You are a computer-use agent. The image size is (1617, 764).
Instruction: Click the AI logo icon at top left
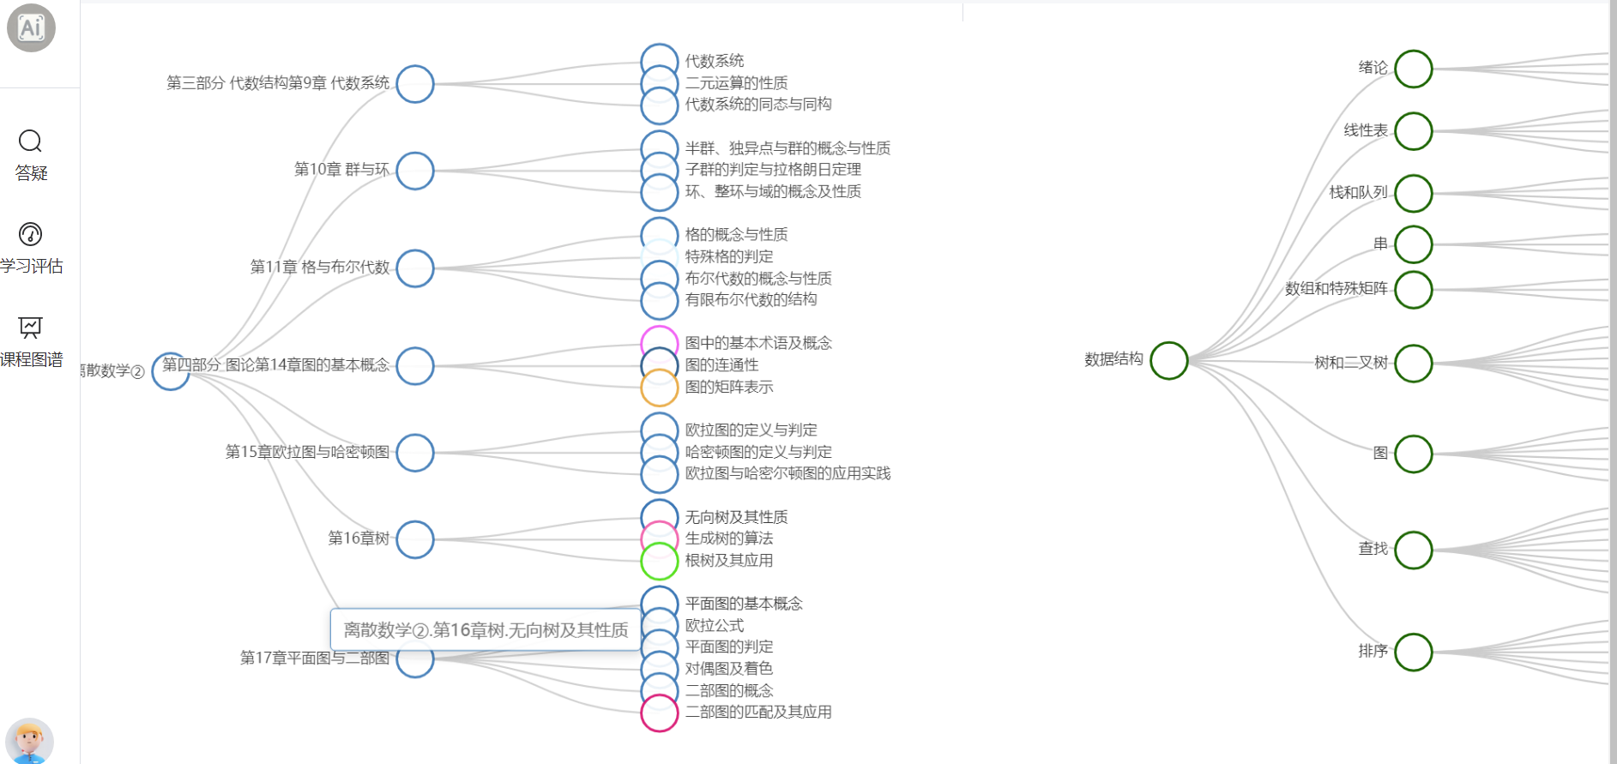(x=31, y=28)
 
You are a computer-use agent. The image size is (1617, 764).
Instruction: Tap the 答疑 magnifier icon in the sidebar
(x=30, y=141)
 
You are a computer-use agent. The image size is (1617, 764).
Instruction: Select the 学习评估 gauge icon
(x=30, y=234)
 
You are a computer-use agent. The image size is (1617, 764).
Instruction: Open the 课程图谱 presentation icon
(x=30, y=327)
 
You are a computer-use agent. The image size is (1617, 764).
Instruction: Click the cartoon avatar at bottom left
(x=29, y=740)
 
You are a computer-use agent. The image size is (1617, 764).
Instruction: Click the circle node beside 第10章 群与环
(x=415, y=171)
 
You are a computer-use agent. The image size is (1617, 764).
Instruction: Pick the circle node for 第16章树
(x=415, y=539)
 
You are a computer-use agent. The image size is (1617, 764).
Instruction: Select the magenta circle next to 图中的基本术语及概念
(x=660, y=344)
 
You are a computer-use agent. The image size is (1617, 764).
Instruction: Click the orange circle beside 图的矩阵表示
(x=660, y=388)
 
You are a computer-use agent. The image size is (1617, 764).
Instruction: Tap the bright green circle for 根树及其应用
(x=660, y=561)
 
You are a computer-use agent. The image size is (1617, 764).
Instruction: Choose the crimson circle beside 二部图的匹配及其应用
(x=660, y=713)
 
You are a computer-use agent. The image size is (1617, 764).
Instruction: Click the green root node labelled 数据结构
(x=1168, y=360)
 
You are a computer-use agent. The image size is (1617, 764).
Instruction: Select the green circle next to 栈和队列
(x=1413, y=193)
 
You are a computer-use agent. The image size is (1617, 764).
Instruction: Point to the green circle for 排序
(x=1413, y=652)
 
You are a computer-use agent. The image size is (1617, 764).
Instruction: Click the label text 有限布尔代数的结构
(x=751, y=299)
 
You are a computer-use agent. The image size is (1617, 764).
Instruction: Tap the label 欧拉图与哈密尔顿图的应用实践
(x=787, y=473)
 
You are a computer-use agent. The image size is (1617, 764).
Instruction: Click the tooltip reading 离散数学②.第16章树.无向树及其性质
(x=486, y=630)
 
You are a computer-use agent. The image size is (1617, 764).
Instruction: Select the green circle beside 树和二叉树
(x=1413, y=363)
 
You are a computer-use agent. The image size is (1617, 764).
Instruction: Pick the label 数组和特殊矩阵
(x=1336, y=289)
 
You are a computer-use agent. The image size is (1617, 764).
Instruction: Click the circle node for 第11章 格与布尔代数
(x=415, y=268)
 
